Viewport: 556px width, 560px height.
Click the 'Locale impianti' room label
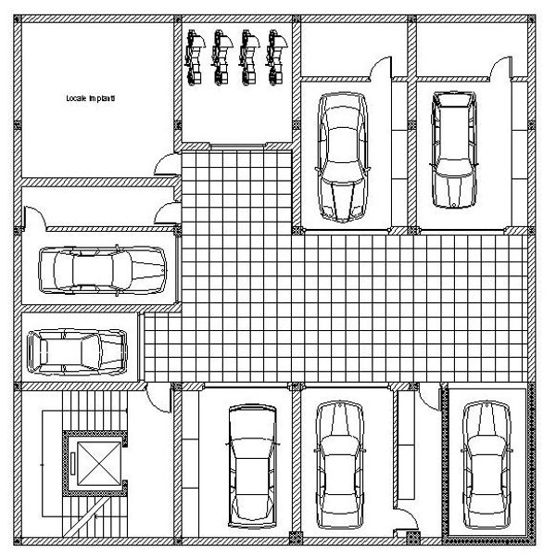point(91,98)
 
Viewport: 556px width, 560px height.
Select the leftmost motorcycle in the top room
point(194,57)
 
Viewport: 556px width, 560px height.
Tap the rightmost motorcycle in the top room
point(276,57)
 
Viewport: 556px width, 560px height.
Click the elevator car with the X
point(99,464)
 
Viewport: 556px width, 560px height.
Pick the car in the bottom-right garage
point(486,465)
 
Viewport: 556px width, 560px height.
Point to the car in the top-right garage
point(453,149)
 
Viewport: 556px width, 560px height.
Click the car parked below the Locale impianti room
point(103,271)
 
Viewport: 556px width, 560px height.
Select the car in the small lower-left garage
point(77,352)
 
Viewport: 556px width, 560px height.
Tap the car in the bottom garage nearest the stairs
point(252,466)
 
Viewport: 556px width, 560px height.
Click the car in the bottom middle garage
point(340,465)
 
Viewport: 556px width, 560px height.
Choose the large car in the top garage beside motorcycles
point(343,158)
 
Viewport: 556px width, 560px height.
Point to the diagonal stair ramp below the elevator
point(86,516)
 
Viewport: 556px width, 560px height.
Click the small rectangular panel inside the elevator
point(73,464)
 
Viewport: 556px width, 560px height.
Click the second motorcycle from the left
point(221,57)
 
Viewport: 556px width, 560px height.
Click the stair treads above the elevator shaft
point(95,411)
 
